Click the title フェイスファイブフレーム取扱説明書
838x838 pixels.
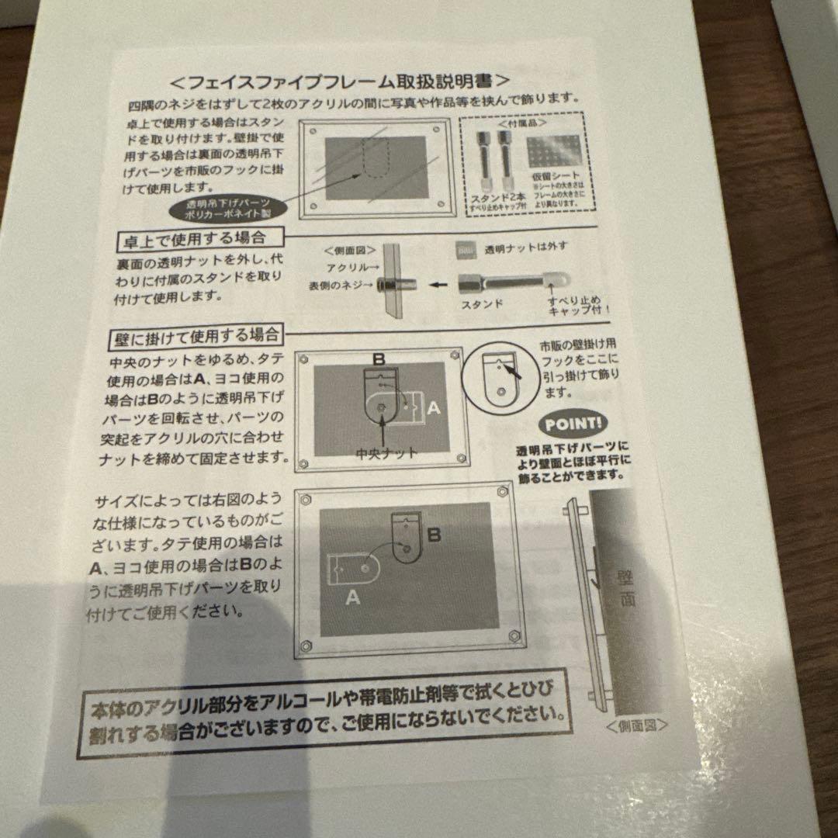coord(339,81)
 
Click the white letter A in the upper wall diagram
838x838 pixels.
coord(435,407)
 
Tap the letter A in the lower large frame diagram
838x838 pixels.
coord(351,597)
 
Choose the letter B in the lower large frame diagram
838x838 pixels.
coord(435,535)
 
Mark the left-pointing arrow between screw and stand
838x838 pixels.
coord(440,284)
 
